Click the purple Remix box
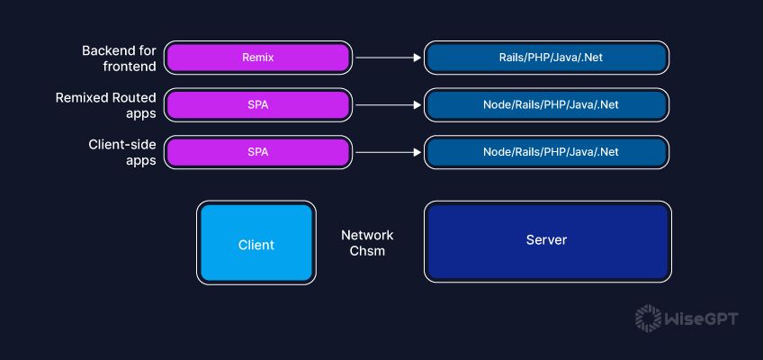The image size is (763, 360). tap(257, 58)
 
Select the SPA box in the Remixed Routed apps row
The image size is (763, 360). tap(257, 104)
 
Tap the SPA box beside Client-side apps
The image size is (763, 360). tap(257, 151)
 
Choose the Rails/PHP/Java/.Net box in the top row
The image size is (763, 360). tap(546, 58)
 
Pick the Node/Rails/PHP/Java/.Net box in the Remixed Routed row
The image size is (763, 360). tap(546, 104)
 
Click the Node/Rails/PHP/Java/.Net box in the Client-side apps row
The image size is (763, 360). tap(546, 151)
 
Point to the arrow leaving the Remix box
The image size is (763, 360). tap(388, 58)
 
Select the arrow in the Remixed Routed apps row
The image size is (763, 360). tap(388, 104)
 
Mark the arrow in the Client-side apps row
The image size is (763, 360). tap(388, 151)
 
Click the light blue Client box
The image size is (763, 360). tap(256, 244)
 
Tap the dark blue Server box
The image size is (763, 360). tap(546, 240)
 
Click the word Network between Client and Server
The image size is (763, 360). tap(367, 235)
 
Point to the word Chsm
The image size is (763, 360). tap(367, 251)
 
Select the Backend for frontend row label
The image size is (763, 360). tap(118, 58)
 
